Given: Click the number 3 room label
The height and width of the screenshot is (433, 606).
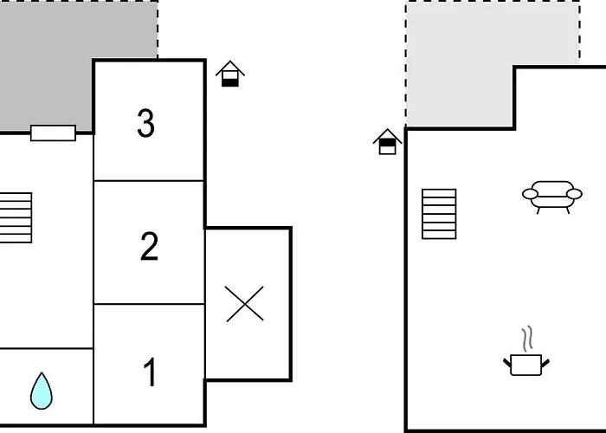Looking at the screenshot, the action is click(x=146, y=123).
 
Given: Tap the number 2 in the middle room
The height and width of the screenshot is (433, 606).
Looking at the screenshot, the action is click(x=149, y=246).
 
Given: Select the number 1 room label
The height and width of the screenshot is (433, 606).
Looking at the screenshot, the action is click(x=151, y=372).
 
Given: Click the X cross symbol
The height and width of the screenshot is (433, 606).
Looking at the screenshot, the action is click(x=245, y=304).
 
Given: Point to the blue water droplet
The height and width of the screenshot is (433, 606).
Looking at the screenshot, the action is click(x=42, y=391).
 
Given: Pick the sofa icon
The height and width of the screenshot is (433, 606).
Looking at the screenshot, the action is click(x=552, y=197).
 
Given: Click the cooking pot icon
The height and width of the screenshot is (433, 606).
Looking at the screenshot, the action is click(x=526, y=365).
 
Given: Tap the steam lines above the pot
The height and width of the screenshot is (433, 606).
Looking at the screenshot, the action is click(x=527, y=339).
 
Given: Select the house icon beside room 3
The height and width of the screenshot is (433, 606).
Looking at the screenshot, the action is click(x=230, y=74).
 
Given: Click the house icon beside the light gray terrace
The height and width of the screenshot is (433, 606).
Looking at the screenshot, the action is click(x=387, y=142).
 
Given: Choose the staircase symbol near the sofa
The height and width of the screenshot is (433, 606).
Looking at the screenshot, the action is click(x=439, y=214).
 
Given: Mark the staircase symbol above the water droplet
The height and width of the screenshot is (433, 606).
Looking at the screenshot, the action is click(x=16, y=217).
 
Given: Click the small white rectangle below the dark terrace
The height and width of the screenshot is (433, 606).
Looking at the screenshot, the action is click(x=53, y=133).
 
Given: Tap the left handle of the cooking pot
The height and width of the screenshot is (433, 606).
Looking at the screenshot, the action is click(x=507, y=363).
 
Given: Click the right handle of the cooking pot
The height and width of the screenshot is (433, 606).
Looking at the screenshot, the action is click(x=545, y=363).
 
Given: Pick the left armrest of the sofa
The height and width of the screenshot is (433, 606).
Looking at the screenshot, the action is click(x=530, y=194).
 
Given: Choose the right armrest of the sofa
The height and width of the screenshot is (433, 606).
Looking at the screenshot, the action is click(x=574, y=194).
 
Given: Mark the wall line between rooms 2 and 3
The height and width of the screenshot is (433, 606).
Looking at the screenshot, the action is click(x=149, y=180).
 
